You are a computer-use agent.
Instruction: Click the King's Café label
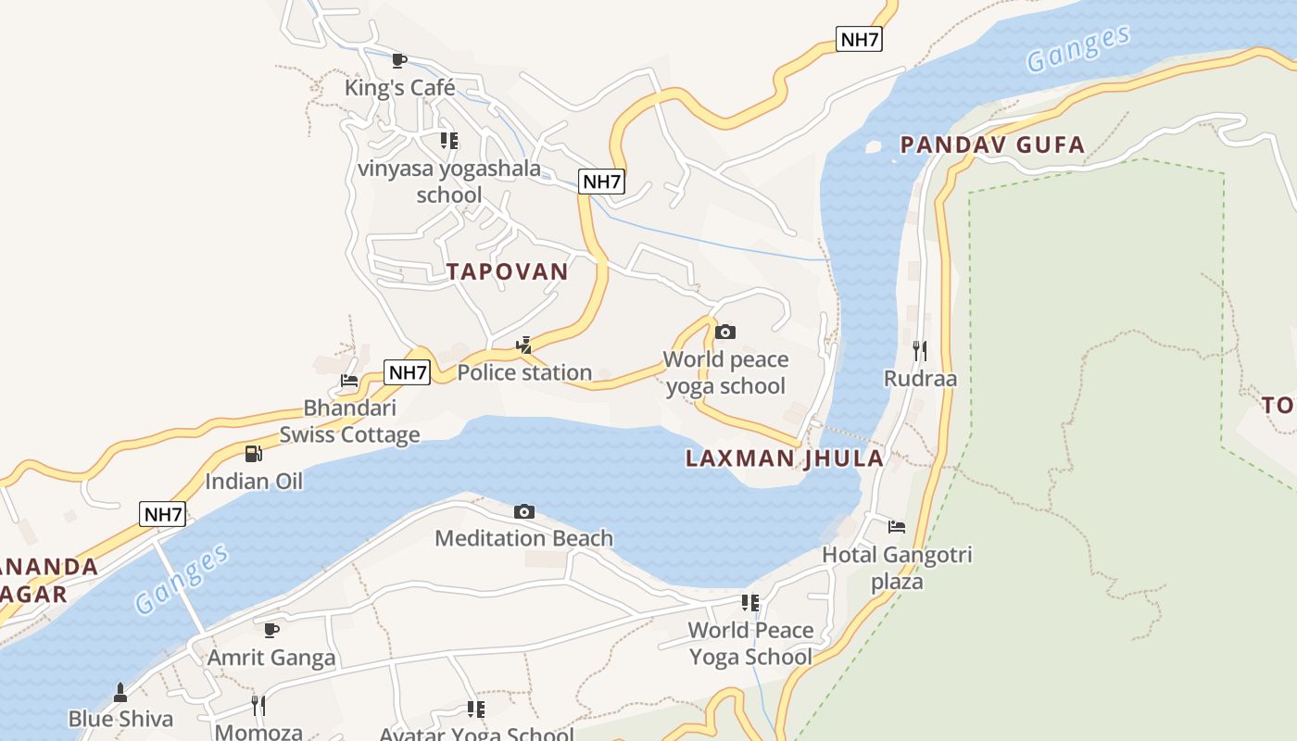point(400,88)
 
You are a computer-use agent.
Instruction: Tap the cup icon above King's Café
point(399,61)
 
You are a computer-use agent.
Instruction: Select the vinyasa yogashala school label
point(449,182)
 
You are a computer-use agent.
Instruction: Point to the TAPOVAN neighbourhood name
point(507,271)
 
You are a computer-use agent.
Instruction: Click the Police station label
point(524,372)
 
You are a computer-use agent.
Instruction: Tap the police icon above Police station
point(524,345)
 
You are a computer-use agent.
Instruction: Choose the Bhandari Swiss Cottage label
point(350,421)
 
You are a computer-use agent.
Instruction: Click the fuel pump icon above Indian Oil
point(253,454)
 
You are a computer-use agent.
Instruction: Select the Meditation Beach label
point(524,538)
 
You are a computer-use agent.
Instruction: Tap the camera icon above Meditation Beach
point(524,511)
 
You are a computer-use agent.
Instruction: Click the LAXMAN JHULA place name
point(785,458)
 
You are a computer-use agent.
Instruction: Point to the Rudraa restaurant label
point(920,378)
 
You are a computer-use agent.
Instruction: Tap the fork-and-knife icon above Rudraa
point(920,350)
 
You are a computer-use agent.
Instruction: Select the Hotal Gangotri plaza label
point(897,568)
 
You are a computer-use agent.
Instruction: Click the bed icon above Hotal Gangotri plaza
point(897,527)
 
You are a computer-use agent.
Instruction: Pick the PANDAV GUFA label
point(992,144)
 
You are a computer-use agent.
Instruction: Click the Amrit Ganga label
point(271,658)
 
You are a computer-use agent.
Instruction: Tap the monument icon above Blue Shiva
point(120,692)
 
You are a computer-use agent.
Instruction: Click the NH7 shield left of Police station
point(408,373)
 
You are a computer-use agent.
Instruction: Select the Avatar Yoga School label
point(476,734)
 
